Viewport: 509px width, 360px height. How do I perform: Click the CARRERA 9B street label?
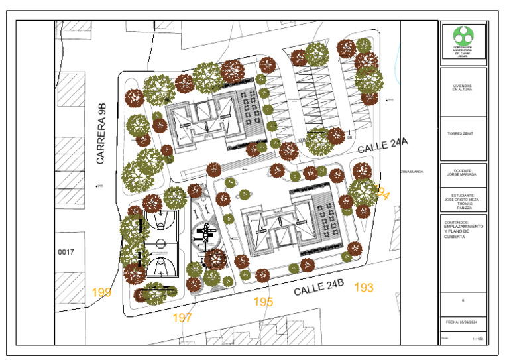[x=101, y=134]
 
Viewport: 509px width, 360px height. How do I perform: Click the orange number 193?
[x=364, y=287]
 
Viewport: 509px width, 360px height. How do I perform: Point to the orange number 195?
[x=263, y=302]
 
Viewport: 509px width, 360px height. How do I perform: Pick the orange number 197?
[x=182, y=318]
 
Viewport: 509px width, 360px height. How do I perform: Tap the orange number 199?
[x=101, y=292]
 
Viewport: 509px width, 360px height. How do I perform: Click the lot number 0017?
[x=67, y=252]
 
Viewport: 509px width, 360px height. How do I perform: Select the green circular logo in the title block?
[x=463, y=35]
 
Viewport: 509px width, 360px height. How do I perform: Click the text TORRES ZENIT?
[x=463, y=133]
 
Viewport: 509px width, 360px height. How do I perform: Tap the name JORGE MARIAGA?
[x=463, y=175]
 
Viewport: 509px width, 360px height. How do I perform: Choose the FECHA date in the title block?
[x=463, y=322]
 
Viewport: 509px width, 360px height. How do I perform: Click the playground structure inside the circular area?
[x=207, y=231]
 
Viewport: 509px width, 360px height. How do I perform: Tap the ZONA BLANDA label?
[x=412, y=172]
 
